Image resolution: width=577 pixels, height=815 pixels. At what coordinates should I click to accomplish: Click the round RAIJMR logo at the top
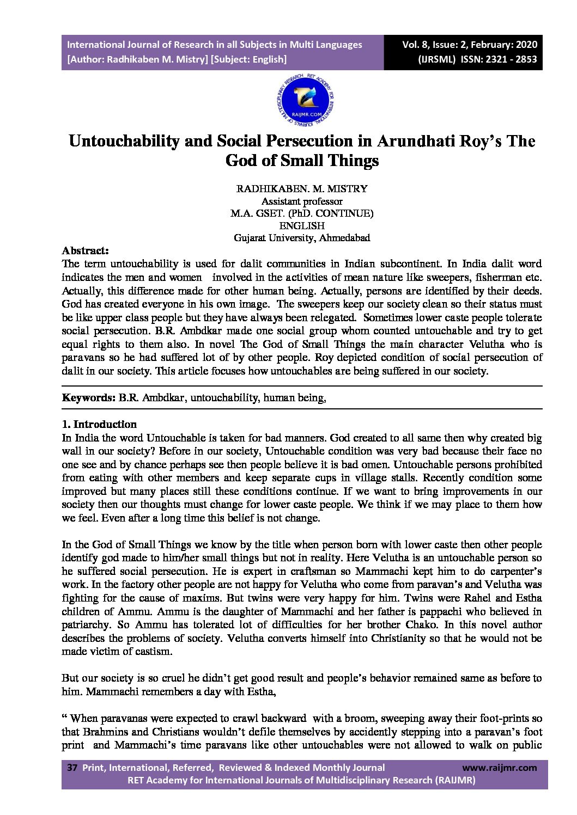305,101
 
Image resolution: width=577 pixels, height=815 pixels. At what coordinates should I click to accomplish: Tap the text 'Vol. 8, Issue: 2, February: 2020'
470,45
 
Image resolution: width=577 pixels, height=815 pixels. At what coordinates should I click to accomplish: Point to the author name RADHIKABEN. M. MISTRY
302,189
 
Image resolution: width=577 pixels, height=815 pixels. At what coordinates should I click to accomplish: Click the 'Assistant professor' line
302,201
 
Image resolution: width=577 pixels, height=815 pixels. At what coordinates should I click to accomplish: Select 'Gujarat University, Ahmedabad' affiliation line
302,238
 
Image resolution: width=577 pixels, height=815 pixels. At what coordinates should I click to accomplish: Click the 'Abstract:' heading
86,251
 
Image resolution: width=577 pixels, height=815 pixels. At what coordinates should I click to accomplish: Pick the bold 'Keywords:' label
88,397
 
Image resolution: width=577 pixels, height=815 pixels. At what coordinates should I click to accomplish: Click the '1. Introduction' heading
99,424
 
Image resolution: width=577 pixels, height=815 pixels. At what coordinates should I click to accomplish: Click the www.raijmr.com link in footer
499,768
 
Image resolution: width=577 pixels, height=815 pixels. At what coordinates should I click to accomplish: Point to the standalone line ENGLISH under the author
302,225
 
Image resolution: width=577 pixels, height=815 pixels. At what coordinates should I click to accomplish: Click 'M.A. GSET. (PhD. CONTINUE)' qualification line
302,213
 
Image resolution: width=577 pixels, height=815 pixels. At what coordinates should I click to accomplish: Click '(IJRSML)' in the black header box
436,59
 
